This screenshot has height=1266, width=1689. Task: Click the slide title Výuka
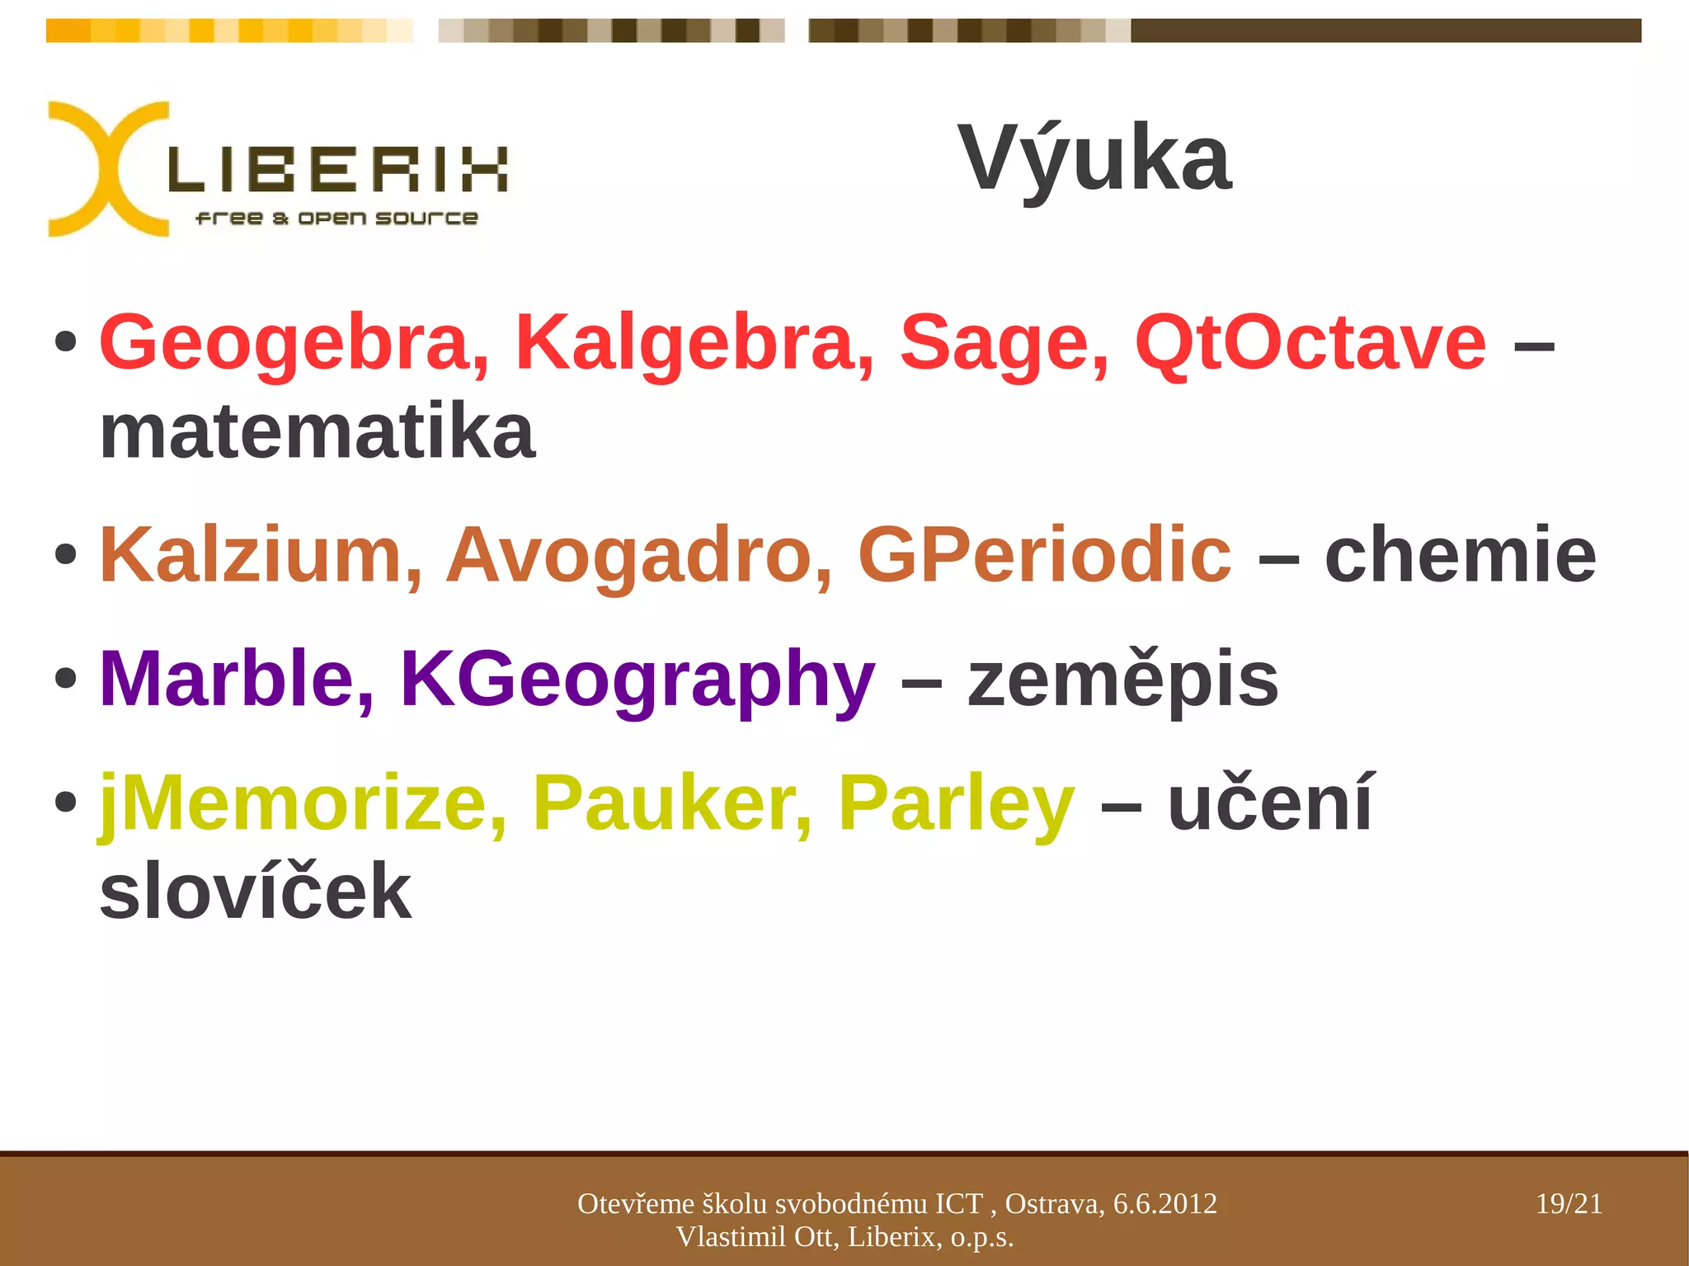pos(1094,158)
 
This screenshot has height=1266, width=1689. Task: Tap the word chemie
pos(1461,555)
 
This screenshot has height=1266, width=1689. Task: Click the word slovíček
pos(256,892)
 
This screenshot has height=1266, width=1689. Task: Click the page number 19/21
pos(1569,1204)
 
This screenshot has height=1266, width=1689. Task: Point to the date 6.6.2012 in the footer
pos(1164,1204)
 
